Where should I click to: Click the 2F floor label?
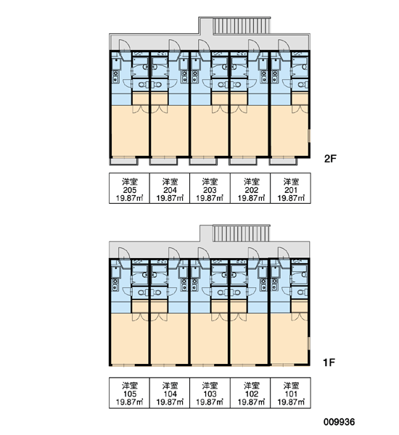[x=330, y=159]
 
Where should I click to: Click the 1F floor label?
[x=329, y=362]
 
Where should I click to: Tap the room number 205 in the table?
[x=130, y=190]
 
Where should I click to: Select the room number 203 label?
[x=210, y=190]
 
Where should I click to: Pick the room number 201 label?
[x=291, y=190]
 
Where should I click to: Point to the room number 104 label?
[x=170, y=394]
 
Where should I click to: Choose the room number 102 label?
[x=251, y=394]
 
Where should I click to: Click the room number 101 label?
[x=291, y=394]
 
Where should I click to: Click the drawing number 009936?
[x=339, y=422]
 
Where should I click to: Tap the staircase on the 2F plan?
[x=242, y=26]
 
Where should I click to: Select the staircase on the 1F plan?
[x=241, y=233]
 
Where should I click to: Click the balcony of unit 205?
[x=124, y=161]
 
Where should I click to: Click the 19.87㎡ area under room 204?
[x=170, y=199]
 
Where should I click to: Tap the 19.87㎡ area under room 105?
[x=130, y=402]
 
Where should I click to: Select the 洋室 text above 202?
[x=252, y=182]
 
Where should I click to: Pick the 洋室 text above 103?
[x=210, y=386]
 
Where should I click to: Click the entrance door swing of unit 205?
[x=124, y=46]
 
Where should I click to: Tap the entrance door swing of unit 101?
[x=284, y=254]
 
